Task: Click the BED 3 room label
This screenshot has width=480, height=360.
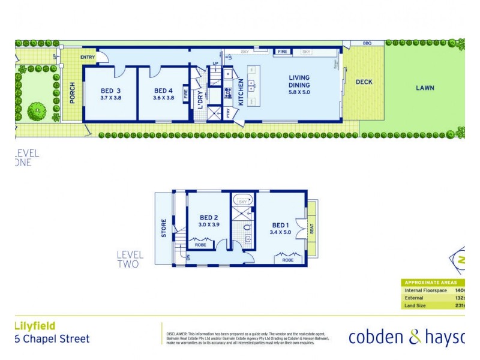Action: click(x=110, y=91)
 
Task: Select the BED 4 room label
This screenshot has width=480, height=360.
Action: click(x=164, y=91)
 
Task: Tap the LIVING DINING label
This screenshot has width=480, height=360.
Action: click(x=299, y=81)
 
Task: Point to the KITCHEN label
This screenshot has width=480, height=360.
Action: click(x=241, y=92)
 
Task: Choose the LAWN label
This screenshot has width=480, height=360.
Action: click(x=425, y=88)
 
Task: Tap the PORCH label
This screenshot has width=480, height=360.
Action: click(x=73, y=93)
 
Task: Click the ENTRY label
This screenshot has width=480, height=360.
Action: click(x=88, y=58)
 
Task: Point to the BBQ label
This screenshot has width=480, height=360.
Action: click(x=367, y=43)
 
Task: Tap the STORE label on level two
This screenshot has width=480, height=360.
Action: click(x=163, y=229)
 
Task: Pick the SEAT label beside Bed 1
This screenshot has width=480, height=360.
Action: click(x=311, y=229)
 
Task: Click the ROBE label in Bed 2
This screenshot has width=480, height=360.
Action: click(x=200, y=245)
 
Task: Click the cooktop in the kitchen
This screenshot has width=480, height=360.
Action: click(x=229, y=93)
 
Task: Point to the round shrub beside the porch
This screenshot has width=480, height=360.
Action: click(x=37, y=110)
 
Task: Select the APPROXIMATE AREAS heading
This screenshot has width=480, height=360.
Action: click(x=431, y=283)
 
